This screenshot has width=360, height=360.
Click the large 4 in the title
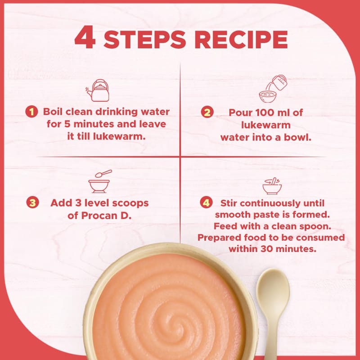click(x=85, y=37)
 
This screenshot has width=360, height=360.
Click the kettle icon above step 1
click(x=98, y=90)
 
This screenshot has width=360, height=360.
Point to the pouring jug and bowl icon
click(x=273, y=89)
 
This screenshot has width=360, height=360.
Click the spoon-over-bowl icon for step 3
click(x=100, y=181)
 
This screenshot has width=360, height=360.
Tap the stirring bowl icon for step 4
click(x=272, y=185)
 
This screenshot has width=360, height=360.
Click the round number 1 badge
click(x=31, y=112)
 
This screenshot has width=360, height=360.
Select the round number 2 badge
click(x=207, y=112)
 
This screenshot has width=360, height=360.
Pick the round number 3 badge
click(x=32, y=202)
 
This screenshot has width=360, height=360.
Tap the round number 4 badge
click(x=206, y=203)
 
